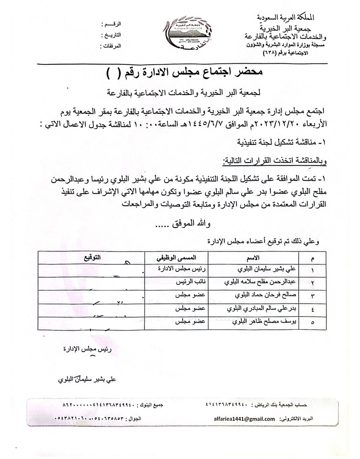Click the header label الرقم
114,23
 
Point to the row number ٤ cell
313,309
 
